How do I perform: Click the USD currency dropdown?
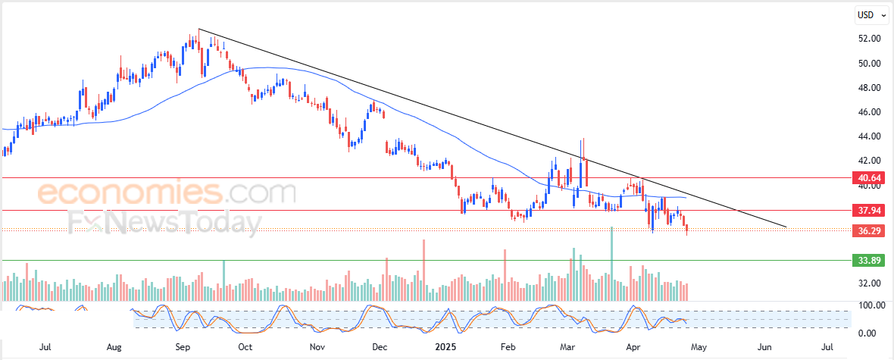[x=870, y=14]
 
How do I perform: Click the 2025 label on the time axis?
[x=445, y=347]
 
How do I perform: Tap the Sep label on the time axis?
[x=183, y=347]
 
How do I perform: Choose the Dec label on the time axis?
[x=380, y=347]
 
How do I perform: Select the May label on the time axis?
[x=699, y=347]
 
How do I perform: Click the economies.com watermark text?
[x=167, y=193]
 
